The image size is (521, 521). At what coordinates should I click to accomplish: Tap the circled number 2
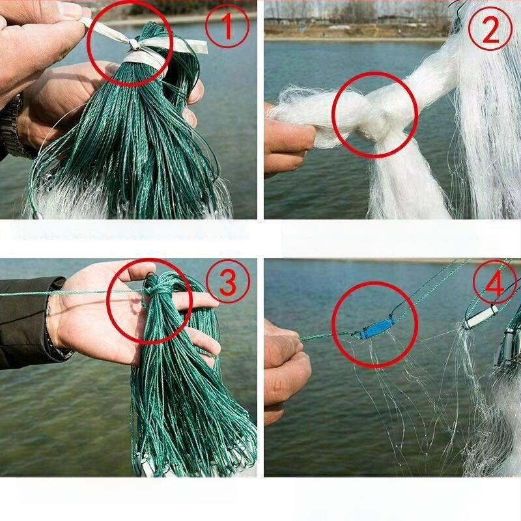pyautogui.click(x=490, y=28)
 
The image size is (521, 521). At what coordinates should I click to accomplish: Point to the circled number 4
pyautogui.click(x=495, y=283)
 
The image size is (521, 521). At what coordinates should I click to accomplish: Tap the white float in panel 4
pyautogui.click(x=480, y=317)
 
